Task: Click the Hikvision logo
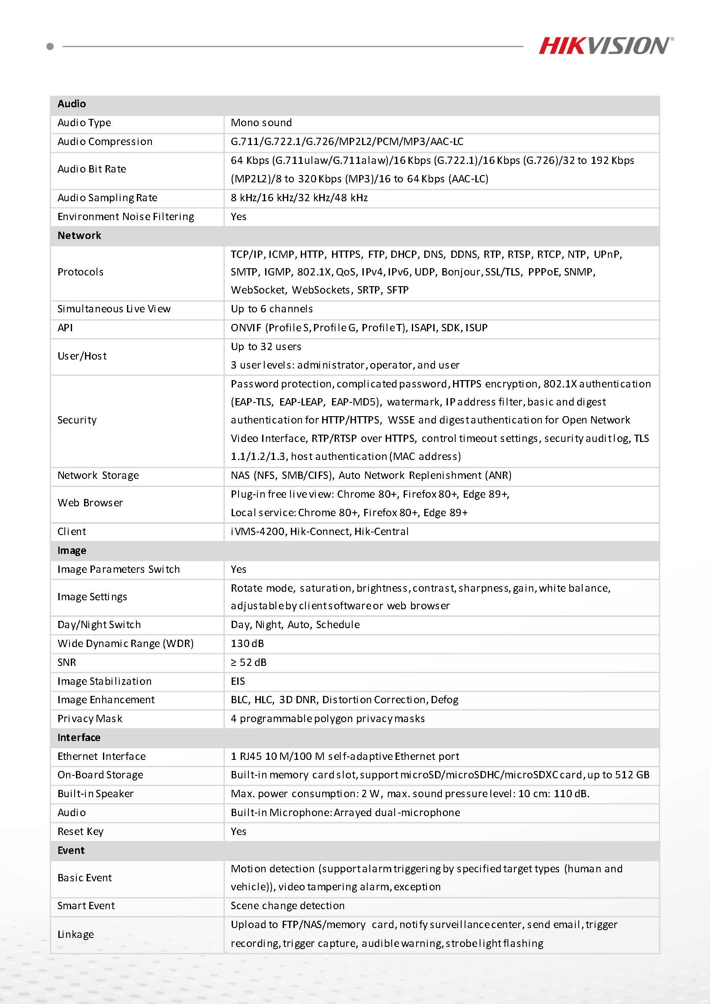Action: coord(605,45)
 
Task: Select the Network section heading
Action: coord(79,236)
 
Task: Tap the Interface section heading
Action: coord(79,737)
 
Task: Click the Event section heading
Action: coord(71,850)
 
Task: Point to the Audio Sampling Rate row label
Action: coord(107,198)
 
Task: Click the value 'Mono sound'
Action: coord(261,123)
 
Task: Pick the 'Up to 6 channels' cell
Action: coord(272,309)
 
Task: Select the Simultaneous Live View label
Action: coord(114,309)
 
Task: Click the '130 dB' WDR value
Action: coord(247,643)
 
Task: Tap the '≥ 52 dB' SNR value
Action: coord(248,662)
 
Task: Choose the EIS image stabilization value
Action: coord(238,681)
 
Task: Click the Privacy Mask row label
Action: coord(90,718)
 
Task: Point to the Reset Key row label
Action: coord(81,831)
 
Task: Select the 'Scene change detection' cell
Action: coord(287,906)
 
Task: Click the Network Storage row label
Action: coord(98,475)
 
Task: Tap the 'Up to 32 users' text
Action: coord(266,347)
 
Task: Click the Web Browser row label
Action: coord(90,503)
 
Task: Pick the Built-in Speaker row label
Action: coord(95,794)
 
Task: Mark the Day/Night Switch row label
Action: coord(99,624)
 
